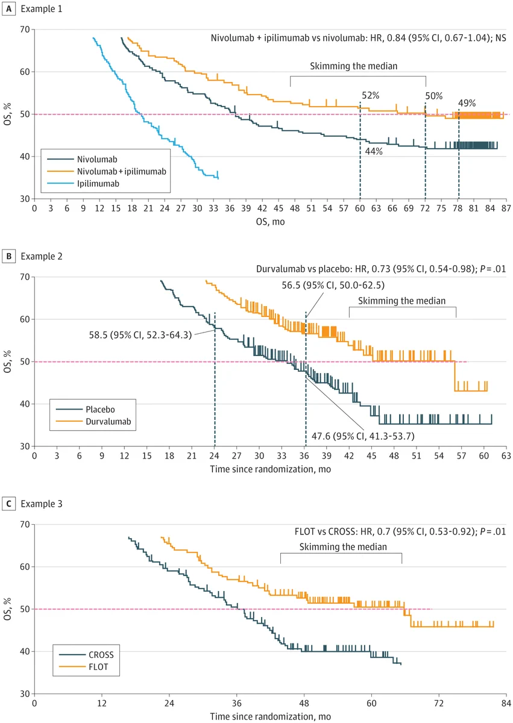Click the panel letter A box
(8, 8)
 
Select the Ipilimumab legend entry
(83, 184)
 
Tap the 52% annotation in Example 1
(370, 96)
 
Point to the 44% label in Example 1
(374, 151)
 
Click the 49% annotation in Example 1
(467, 103)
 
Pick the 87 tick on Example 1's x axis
(506, 208)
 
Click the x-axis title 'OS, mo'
(270, 222)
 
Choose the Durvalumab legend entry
(93, 422)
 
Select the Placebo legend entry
(85, 410)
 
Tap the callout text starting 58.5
(140, 335)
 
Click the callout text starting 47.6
(363, 436)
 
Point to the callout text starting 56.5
(333, 286)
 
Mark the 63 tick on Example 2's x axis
(506, 455)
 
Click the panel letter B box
(8, 256)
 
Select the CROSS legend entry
(87, 655)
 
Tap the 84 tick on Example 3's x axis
(506, 703)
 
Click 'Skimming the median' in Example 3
(343, 547)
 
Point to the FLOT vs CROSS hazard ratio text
(400, 531)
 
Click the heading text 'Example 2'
(42, 256)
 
